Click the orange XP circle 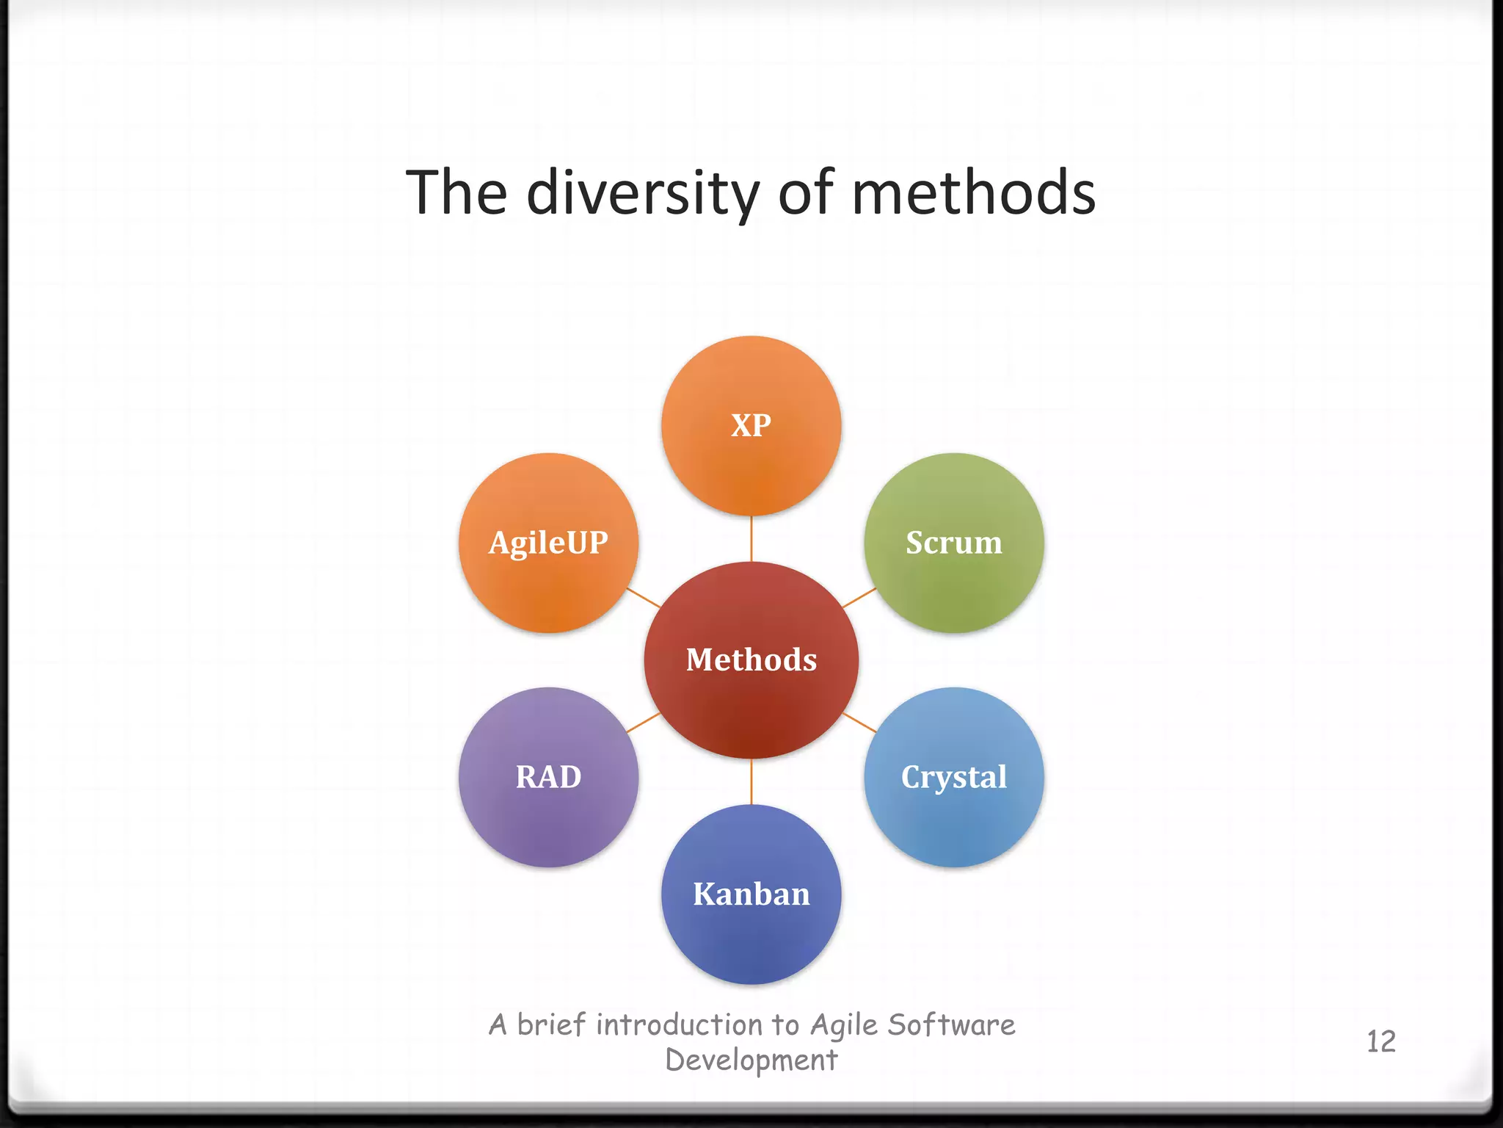click(751, 426)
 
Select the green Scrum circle click(953, 543)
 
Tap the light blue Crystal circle click(953, 777)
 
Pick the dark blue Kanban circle click(751, 894)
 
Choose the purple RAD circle click(548, 777)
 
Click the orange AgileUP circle click(548, 543)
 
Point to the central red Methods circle click(751, 659)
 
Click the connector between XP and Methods click(751, 538)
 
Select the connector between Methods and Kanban click(751, 781)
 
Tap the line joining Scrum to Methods click(859, 598)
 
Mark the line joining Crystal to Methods click(859, 723)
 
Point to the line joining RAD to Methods click(643, 723)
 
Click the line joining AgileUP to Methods click(643, 598)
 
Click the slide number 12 click(1380, 1041)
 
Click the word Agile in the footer click(843, 1025)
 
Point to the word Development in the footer click(751, 1060)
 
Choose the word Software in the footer click(951, 1024)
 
